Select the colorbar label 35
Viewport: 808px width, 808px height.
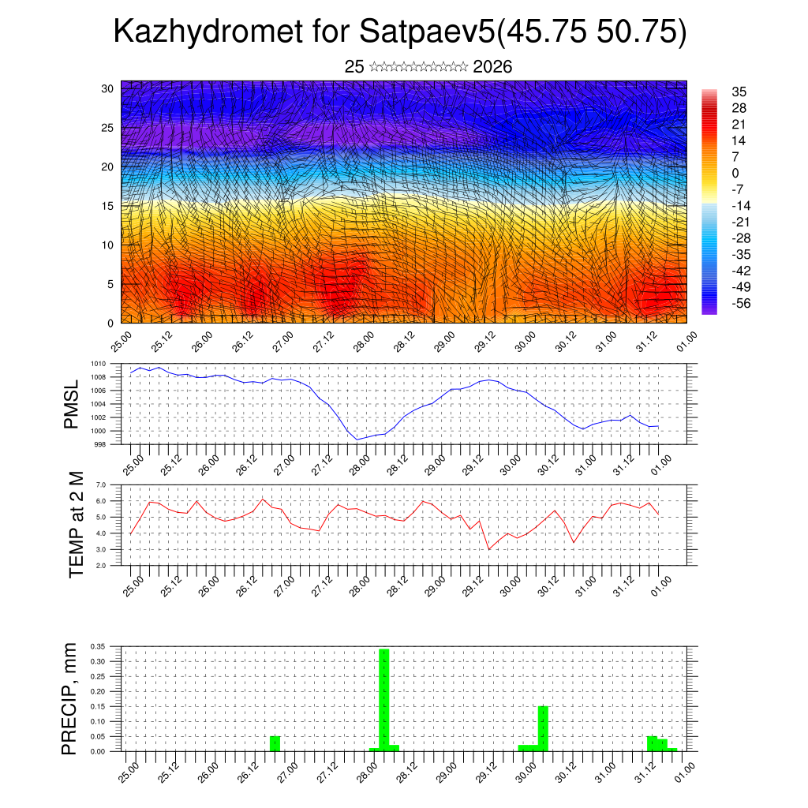point(739,92)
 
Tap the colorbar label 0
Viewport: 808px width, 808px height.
point(735,173)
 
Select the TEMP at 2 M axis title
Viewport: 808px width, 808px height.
point(76,525)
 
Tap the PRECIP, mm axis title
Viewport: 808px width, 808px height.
point(70,698)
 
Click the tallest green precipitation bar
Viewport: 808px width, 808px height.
point(384,698)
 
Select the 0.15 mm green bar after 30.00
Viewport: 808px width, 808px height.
point(543,728)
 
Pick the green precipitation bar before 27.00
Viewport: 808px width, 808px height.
point(275,743)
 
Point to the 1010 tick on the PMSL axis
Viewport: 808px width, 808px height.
point(98,364)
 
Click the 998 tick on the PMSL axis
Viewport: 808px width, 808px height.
point(100,444)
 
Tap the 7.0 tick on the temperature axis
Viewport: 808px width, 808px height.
point(101,484)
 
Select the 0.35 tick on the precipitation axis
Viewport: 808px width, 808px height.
point(98,646)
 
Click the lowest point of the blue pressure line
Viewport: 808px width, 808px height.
point(357,440)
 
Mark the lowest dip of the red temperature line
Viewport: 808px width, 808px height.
point(489,549)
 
